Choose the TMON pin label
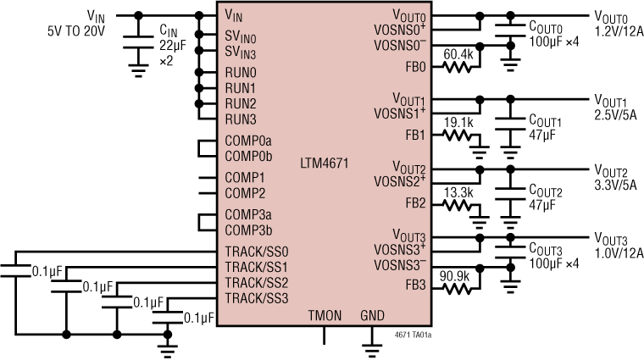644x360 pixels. point(325,315)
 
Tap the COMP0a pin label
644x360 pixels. point(248,141)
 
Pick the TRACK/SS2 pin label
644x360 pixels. point(257,282)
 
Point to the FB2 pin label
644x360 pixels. point(415,202)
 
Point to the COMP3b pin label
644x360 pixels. point(248,230)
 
